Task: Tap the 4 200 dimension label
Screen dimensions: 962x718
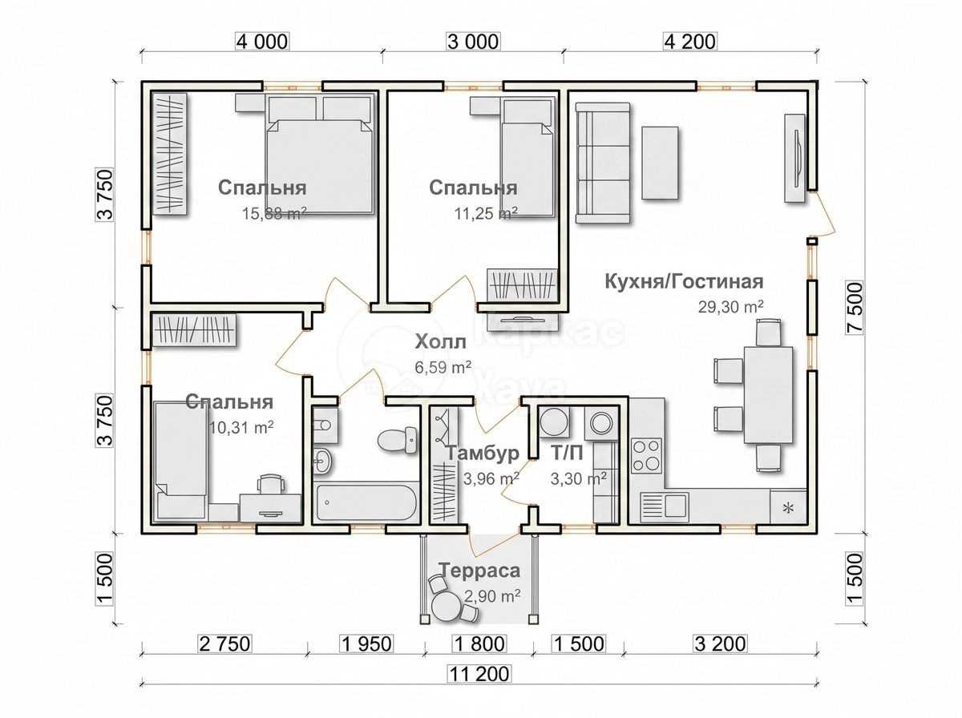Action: (690, 42)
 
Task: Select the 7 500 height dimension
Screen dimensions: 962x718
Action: (855, 307)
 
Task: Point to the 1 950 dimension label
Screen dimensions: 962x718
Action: (367, 644)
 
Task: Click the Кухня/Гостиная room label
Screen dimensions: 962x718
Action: (684, 282)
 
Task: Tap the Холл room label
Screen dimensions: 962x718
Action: (440, 342)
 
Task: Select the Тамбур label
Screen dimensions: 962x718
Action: (483, 454)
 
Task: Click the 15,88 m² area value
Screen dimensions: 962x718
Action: (274, 213)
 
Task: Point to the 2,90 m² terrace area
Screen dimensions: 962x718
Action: (492, 595)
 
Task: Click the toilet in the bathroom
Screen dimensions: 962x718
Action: (398, 440)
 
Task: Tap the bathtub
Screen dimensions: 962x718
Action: (366, 502)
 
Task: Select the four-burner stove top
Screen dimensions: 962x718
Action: (646, 456)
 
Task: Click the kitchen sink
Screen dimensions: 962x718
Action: (665, 505)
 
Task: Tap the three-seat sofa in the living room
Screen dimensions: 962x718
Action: (604, 163)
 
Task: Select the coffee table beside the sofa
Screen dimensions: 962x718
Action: (661, 163)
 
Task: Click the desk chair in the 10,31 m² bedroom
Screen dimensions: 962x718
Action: (272, 484)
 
